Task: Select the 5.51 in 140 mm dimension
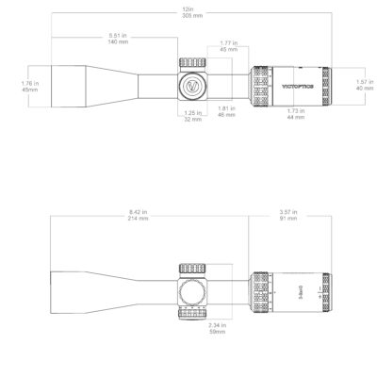[118, 40]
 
